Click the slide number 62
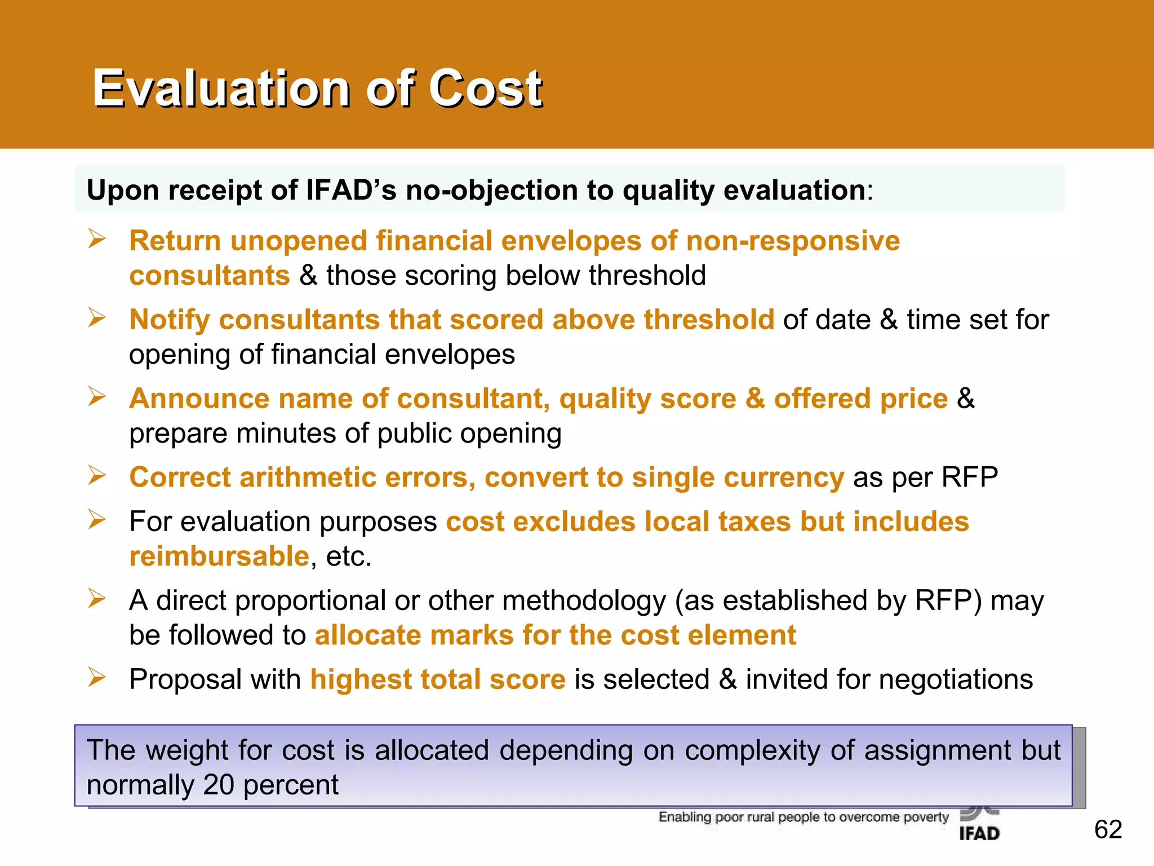tap(1108, 829)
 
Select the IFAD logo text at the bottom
tap(979, 833)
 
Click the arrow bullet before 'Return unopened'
tap(97, 239)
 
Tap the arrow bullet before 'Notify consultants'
tap(97, 318)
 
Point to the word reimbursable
tap(219, 556)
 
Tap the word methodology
tap(584, 600)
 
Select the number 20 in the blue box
tap(219, 785)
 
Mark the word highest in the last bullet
tap(361, 679)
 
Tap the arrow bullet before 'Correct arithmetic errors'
tap(97, 476)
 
